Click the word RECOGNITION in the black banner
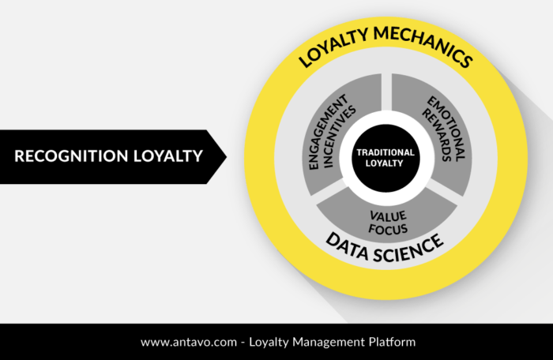click(71, 156)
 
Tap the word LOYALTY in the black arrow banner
click(168, 156)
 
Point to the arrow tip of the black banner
click(227, 157)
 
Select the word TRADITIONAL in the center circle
click(386, 152)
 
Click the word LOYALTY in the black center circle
click(385, 163)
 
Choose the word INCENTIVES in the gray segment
click(339, 137)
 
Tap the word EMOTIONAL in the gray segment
click(447, 129)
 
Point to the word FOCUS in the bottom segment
click(388, 229)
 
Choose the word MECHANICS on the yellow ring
click(423, 45)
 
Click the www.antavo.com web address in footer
click(189, 342)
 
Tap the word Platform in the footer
click(392, 342)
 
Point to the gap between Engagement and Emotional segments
click(386, 92)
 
